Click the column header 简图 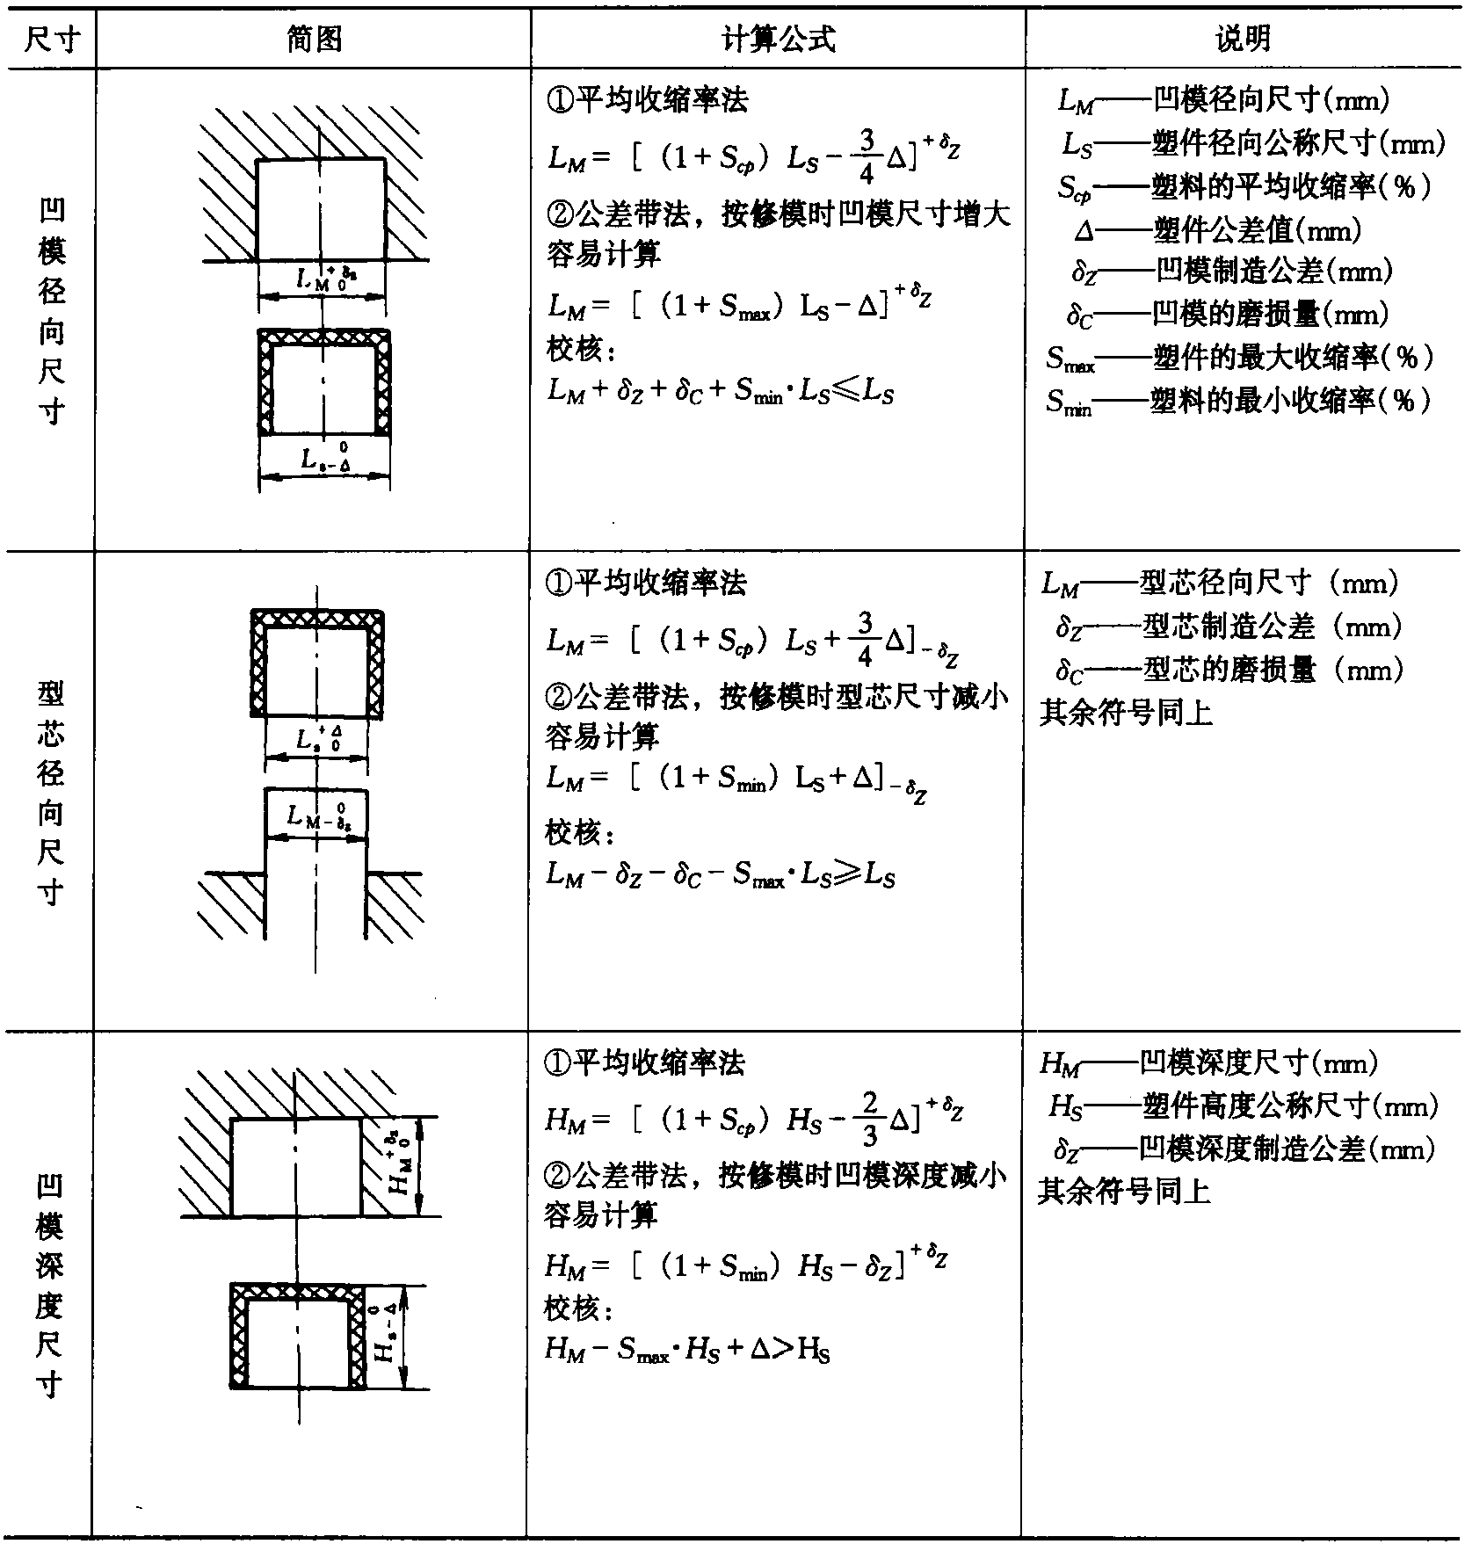tap(314, 39)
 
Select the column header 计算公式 tap(778, 39)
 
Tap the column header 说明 tap(1243, 39)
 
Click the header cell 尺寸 tap(48, 39)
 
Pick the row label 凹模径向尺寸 tap(50, 311)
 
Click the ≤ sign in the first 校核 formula tap(845, 391)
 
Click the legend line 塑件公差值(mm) tap(1218, 231)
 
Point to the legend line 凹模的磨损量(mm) tap(1228, 314)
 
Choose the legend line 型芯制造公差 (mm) tap(1229, 627)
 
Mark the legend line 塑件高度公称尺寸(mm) tap(1243, 1106)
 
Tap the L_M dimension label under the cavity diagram tap(326, 279)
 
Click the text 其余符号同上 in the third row tap(1124, 1192)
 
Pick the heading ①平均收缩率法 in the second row tap(646, 582)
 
